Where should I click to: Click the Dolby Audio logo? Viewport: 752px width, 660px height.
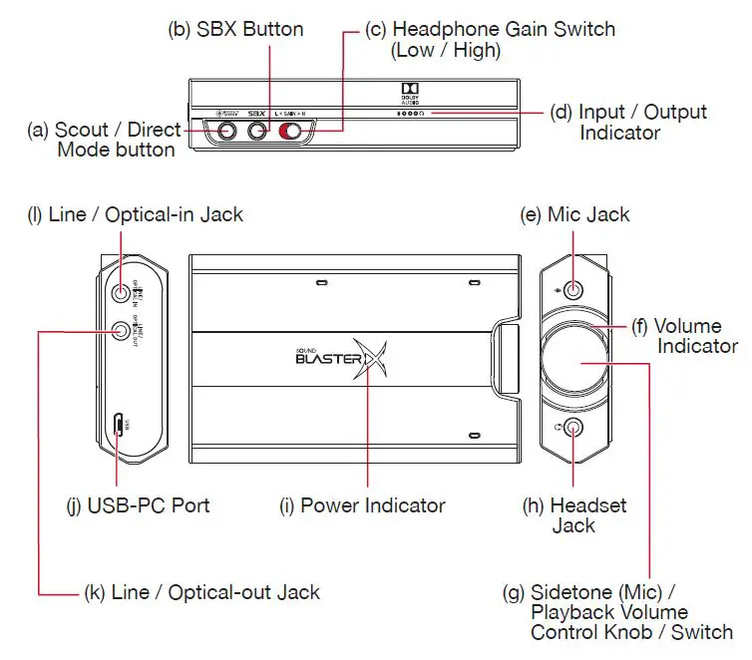pos(409,92)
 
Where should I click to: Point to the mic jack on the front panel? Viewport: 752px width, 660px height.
pos(574,290)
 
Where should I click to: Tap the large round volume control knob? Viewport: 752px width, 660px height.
pos(574,359)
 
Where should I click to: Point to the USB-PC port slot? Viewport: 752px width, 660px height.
pos(119,426)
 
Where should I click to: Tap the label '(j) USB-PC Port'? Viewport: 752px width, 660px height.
pos(138,505)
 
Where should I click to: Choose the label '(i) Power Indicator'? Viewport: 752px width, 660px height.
pos(361,505)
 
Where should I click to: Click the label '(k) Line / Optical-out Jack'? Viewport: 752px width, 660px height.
pos(201,592)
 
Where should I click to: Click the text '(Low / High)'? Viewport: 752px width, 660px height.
pos(446,50)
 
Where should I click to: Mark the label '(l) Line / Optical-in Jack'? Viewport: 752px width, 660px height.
pos(135,214)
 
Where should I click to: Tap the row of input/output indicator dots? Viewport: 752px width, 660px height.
pos(414,115)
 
